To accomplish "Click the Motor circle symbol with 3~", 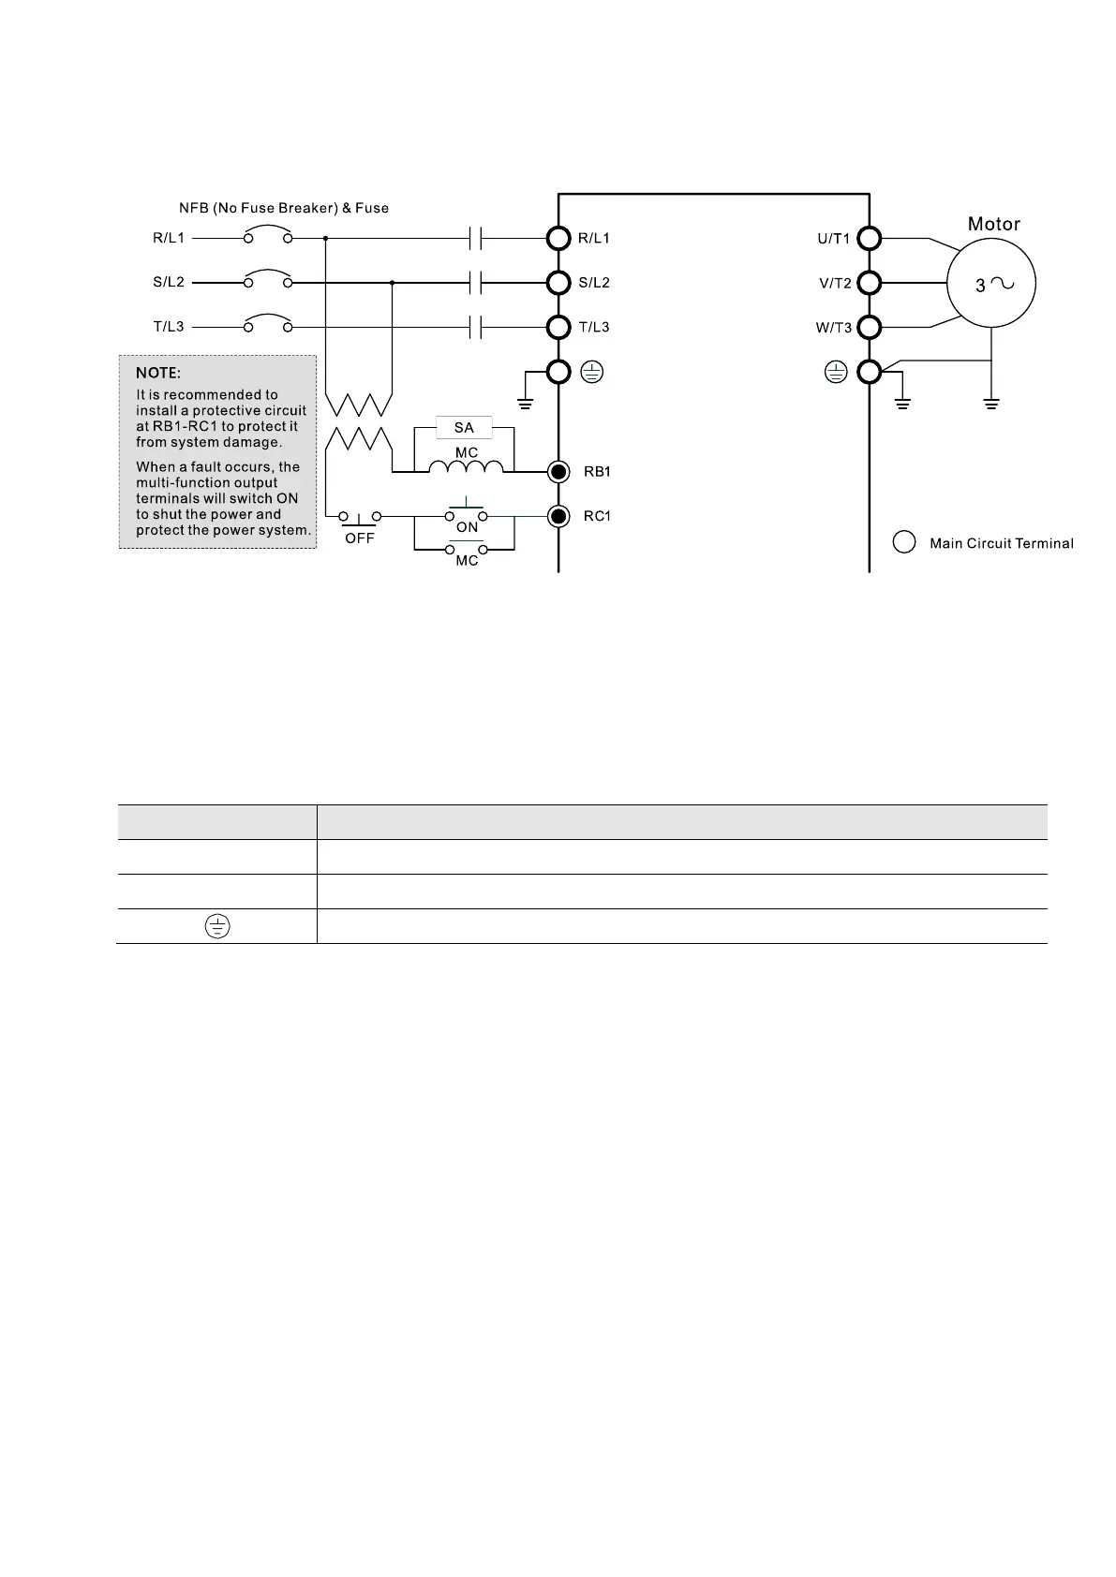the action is pos(990,284).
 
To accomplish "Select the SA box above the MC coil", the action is pos(464,428).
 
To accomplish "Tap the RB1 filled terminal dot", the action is pos(558,471).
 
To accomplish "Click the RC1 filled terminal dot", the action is pos(558,516).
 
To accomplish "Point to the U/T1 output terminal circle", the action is pos(870,238).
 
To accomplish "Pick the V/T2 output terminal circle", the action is pos(870,283).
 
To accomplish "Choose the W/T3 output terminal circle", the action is pos(870,328).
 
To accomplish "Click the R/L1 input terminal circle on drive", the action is pos(558,238).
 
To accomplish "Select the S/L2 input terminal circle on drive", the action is pos(558,283).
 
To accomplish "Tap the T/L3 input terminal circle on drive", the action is pos(558,328).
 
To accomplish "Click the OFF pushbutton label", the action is pos(360,538).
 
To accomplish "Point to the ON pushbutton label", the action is pos(467,527).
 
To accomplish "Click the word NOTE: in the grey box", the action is pos(158,373).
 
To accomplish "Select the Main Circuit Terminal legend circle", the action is pos(904,543).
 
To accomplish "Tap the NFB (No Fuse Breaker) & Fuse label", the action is pos(284,208).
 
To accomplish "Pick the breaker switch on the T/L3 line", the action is pos(267,324).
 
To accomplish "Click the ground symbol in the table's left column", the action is pos(216,927).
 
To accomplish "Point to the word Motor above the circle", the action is pos(993,224).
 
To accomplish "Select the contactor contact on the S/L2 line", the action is pos(475,283).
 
